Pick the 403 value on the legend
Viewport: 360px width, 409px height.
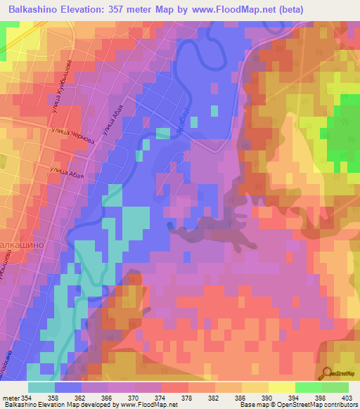[347, 398]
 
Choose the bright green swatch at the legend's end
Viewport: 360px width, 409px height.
[335, 387]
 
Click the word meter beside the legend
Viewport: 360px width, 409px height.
[10, 398]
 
